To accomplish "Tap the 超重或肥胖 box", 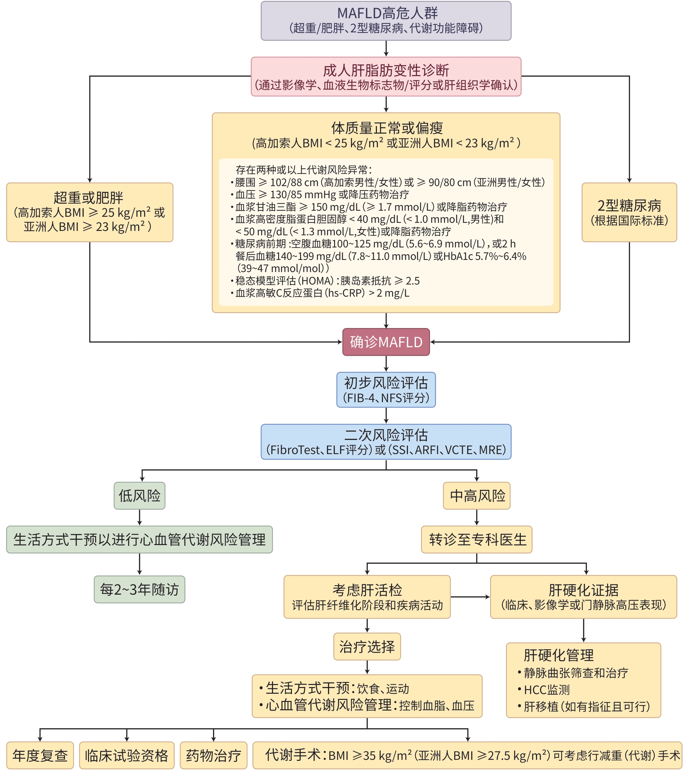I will pyautogui.click(x=90, y=212).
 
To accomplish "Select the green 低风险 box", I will pyautogui.click(x=139, y=495).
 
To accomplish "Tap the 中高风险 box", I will pyautogui.click(x=477, y=495).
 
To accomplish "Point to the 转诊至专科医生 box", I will pyautogui.click(x=477, y=539).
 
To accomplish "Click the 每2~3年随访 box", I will pyautogui.click(x=139, y=589).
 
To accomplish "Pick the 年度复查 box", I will pyautogui.click(x=40, y=755).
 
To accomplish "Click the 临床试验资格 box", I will pyautogui.click(x=127, y=755).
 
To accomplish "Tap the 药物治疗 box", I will pyautogui.click(x=213, y=755).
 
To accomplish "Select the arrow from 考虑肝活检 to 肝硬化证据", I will pyautogui.click(x=470, y=597).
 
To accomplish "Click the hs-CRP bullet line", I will pyautogui.click(x=322, y=293).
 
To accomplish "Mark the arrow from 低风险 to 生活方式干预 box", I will pyautogui.click(x=139, y=517).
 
